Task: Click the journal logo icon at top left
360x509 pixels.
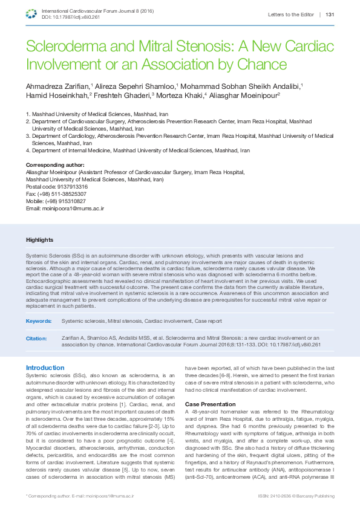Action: pos(32,14)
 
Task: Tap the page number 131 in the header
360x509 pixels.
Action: pos(330,15)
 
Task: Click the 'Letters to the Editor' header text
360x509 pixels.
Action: pos(290,15)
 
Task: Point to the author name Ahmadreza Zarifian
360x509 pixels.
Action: pos(57,86)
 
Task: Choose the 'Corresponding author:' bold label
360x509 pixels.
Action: pos(55,165)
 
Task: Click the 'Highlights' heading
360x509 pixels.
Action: pos(39,240)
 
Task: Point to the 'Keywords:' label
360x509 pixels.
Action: pos(39,320)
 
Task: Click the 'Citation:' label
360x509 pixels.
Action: pos(36,339)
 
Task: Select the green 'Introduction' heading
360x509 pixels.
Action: pos(45,368)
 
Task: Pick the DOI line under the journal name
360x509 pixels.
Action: pos(71,18)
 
